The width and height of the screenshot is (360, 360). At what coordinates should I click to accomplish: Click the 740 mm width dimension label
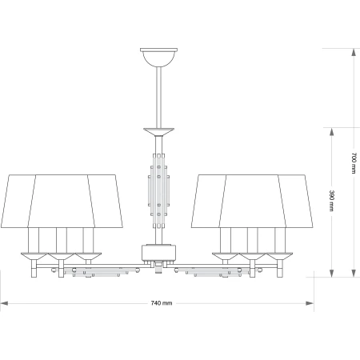click(162, 303)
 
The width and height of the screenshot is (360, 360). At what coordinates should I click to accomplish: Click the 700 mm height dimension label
click(354, 163)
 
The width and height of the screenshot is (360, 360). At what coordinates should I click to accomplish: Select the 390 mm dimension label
click(331, 201)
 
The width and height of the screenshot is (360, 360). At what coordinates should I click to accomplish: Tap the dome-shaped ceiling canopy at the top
click(158, 58)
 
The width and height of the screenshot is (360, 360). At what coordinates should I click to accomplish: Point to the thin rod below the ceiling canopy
click(158, 98)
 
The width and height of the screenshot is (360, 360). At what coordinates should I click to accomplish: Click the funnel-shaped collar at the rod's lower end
click(158, 132)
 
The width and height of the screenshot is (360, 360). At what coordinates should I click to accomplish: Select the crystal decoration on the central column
click(158, 191)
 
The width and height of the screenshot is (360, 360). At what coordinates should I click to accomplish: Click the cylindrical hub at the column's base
click(158, 253)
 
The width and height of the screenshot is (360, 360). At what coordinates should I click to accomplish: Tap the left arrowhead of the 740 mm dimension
click(4, 303)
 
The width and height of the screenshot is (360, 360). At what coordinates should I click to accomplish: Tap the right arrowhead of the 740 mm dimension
click(310, 303)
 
